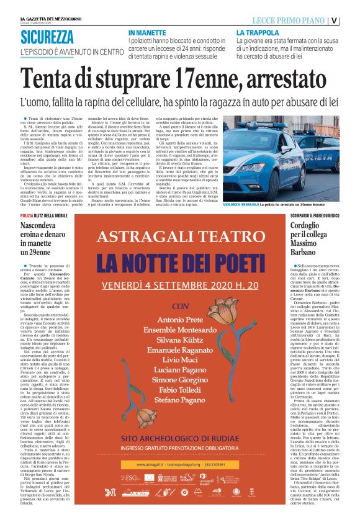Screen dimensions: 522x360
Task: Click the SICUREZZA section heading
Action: click(55, 37)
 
